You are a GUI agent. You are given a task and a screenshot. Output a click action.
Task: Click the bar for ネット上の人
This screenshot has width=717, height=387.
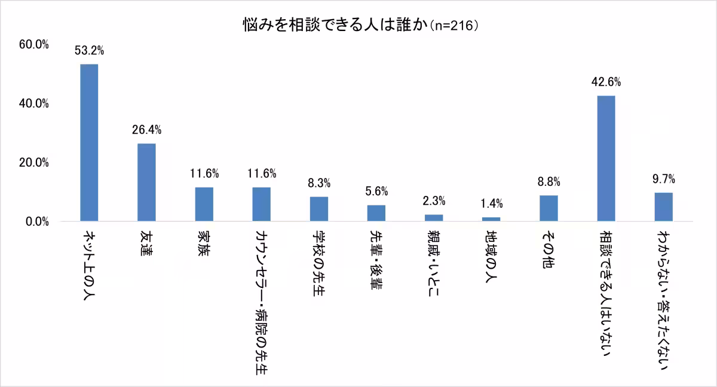(x=89, y=143)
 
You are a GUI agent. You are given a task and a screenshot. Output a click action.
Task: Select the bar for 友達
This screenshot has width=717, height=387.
(x=146, y=182)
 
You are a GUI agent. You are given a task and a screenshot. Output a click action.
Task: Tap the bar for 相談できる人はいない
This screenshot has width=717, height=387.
(x=606, y=158)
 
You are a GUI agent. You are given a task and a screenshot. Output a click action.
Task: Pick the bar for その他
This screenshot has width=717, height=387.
(x=549, y=208)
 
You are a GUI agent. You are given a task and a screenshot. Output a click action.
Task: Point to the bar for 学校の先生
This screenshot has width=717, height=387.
(x=319, y=209)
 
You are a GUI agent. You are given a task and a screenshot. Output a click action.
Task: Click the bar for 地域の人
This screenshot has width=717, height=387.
(x=491, y=219)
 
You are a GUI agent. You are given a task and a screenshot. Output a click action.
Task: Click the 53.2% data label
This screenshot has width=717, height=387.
(x=89, y=51)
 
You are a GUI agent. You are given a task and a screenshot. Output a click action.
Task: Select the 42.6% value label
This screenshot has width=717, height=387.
(x=606, y=82)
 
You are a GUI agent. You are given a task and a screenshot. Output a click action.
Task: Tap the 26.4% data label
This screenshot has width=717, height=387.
(x=146, y=130)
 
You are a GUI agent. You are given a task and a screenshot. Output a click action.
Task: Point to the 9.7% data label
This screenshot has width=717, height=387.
(x=663, y=179)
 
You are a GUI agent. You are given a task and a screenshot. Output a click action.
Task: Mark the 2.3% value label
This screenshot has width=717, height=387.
(x=434, y=201)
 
